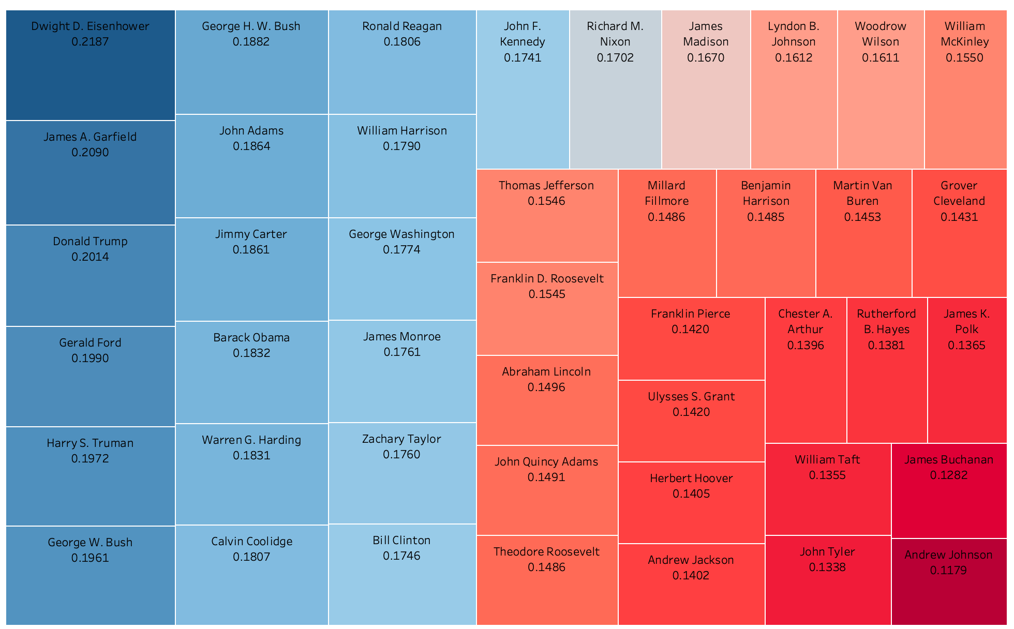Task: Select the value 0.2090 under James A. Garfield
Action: (91, 153)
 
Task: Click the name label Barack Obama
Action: (251, 338)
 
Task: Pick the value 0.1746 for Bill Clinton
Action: (401, 556)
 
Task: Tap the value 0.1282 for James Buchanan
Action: (949, 475)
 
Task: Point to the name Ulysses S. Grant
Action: (691, 397)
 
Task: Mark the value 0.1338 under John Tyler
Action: (827, 567)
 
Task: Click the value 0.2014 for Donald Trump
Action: (91, 257)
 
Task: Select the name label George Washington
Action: (401, 234)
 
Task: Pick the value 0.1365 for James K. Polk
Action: (966, 346)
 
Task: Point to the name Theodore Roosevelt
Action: (547, 552)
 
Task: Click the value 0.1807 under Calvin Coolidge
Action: (251, 557)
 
